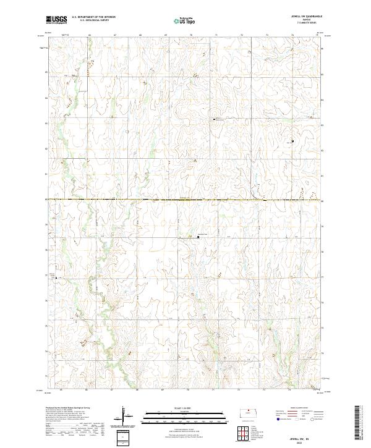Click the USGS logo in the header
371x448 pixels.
pos(56,20)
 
